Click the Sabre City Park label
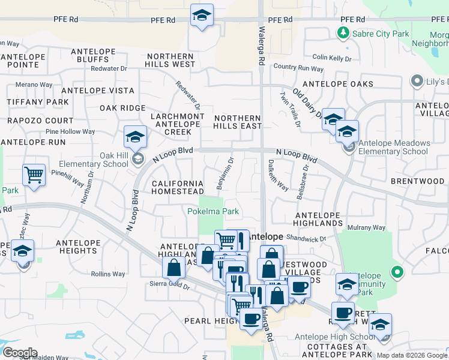(x=379, y=34)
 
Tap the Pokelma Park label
(x=213, y=211)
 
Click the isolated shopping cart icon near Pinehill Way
(x=34, y=175)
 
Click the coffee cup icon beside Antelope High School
(x=343, y=313)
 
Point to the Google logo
(x=19, y=353)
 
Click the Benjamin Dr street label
(x=224, y=170)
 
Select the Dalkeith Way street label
(x=277, y=175)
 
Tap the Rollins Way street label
(x=108, y=274)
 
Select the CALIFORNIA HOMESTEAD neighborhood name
(x=177, y=187)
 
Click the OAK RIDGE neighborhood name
(x=122, y=108)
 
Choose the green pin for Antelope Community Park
(x=396, y=272)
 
